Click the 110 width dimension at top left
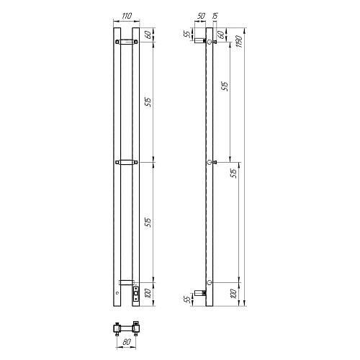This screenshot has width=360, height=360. tap(127, 15)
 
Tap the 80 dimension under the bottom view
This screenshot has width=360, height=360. tap(127, 343)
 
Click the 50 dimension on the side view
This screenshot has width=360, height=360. tap(199, 15)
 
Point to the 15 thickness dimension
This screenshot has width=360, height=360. tap(216, 15)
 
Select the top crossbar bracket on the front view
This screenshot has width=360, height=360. tap(127, 42)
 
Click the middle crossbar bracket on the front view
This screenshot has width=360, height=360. tap(127, 163)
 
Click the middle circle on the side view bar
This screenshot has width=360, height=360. tap(210, 163)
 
